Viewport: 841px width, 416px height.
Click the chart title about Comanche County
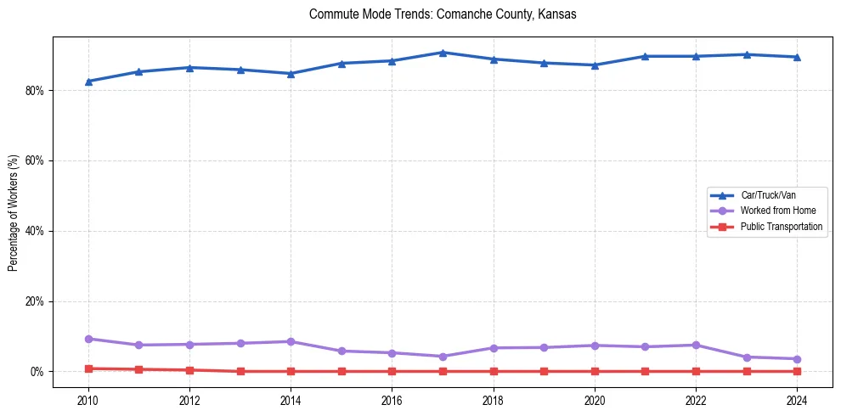pos(443,14)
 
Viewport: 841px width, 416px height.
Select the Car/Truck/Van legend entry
pos(768,195)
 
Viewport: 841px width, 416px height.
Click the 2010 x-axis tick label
pos(88,400)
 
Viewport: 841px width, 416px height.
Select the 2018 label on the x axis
pos(494,400)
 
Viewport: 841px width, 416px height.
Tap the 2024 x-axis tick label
pos(797,400)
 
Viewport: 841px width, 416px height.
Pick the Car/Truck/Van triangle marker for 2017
pos(443,53)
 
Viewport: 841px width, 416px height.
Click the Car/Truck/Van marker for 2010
pos(88,82)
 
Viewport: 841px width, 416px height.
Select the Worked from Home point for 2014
pos(291,341)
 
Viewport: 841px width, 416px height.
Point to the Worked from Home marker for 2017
pos(443,357)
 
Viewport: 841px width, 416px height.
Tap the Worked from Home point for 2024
pos(797,359)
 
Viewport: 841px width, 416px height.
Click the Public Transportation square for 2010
pos(88,368)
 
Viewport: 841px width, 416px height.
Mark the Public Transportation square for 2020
pos(595,371)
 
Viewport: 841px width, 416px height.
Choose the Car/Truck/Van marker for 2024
pos(797,57)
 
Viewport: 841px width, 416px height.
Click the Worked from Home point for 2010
pos(88,339)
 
